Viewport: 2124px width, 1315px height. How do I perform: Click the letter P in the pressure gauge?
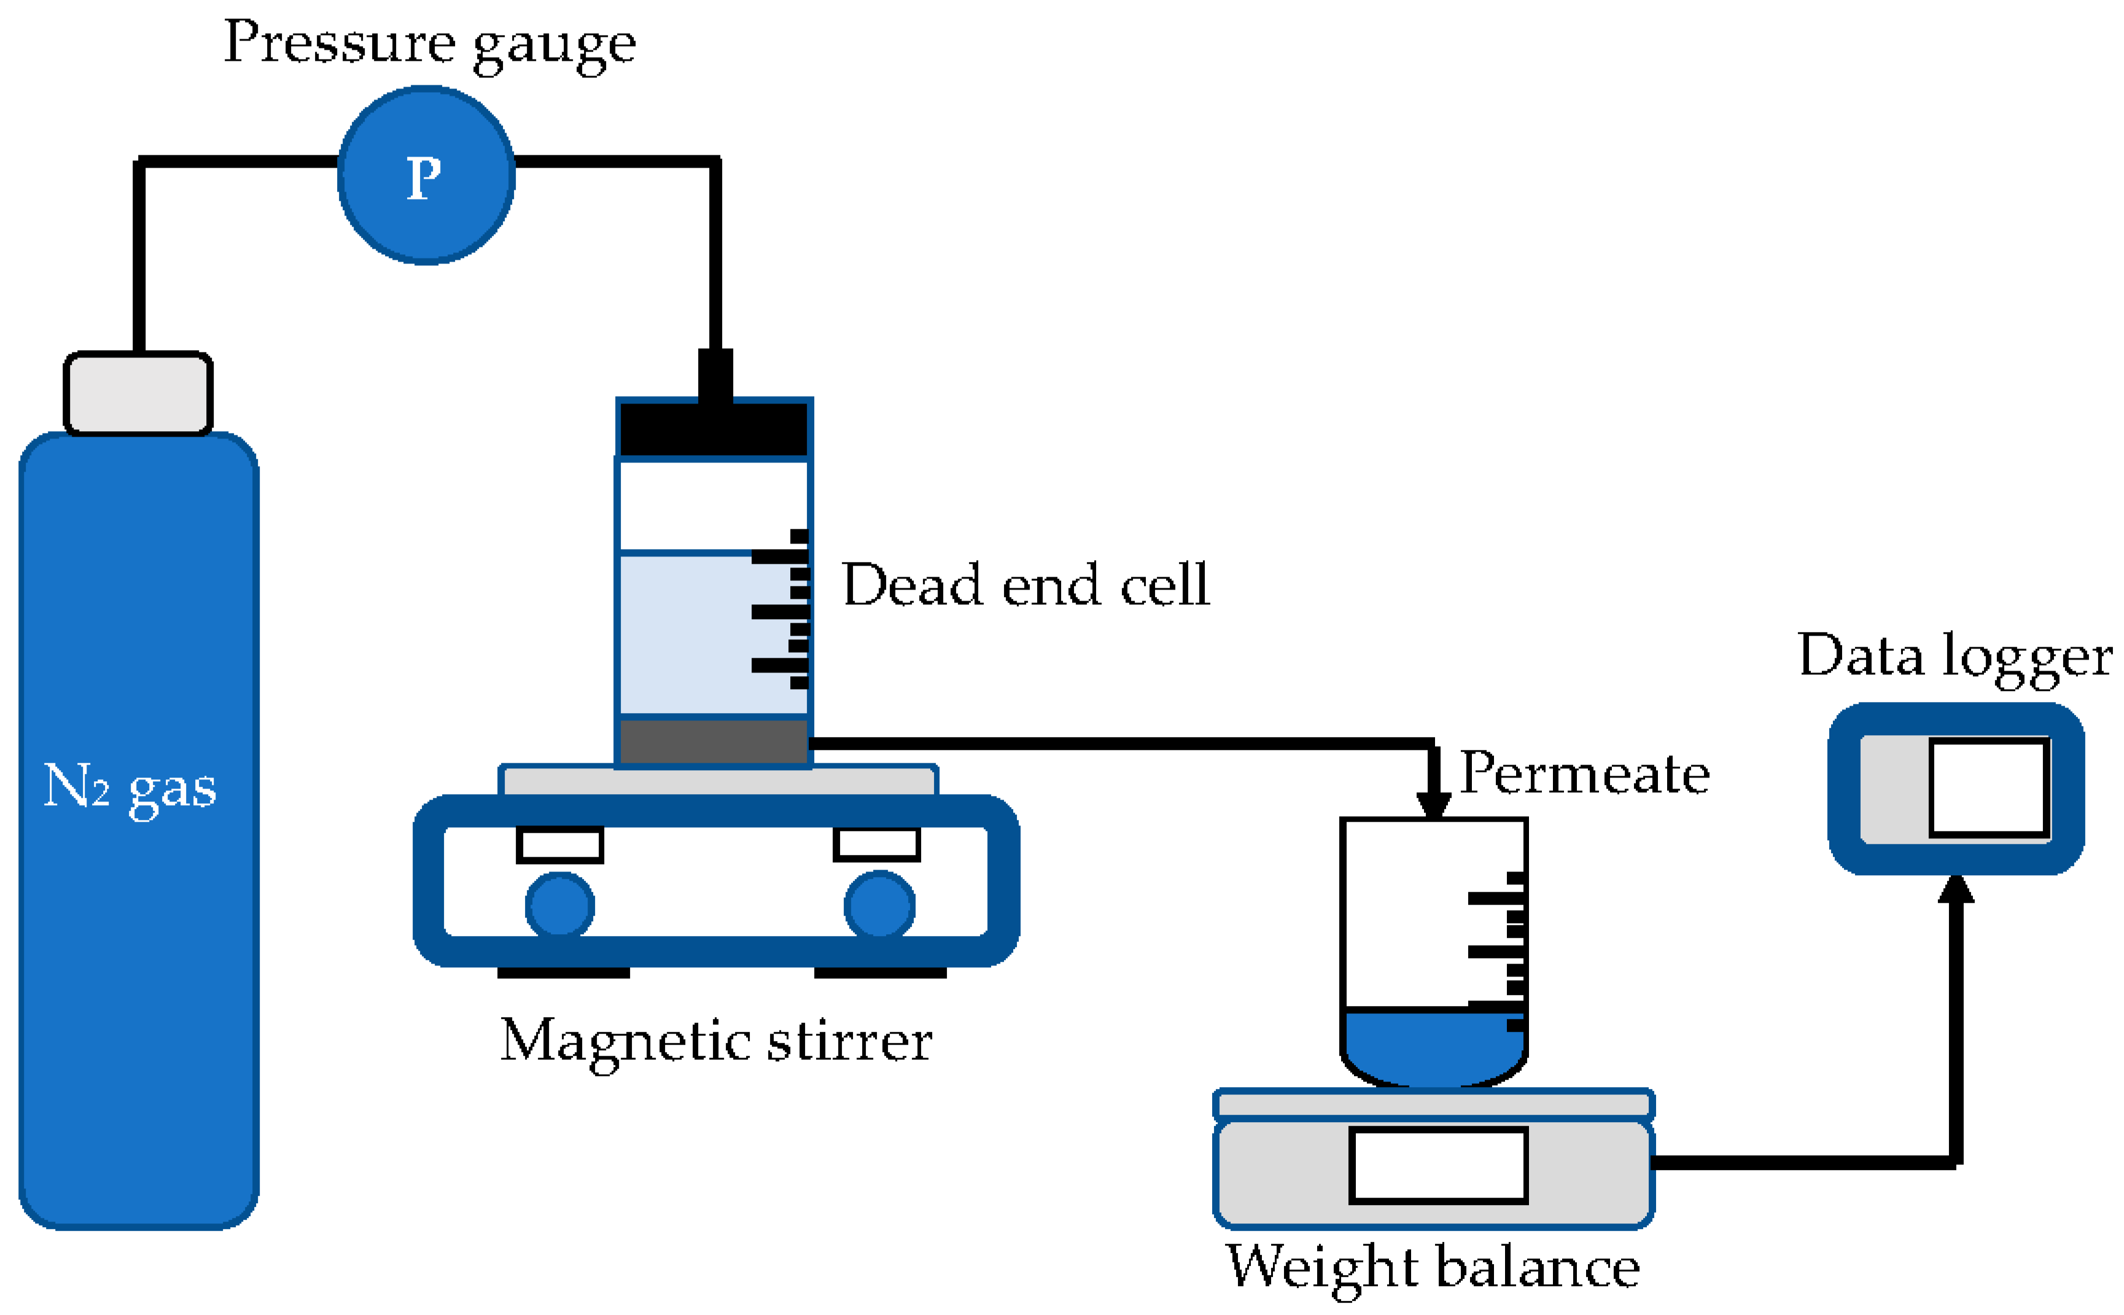pyautogui.click(x=424, y=178)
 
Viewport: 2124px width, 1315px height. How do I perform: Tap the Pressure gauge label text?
pyautogui.click(x=429, y=44)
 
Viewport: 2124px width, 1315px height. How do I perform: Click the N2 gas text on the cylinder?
pyautogui.click(x=130, y=787)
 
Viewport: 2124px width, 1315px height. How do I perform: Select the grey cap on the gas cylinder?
pyautogui.click(x=138, y=392)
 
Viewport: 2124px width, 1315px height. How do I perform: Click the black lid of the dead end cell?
pyautogui.click(x=714, y=428)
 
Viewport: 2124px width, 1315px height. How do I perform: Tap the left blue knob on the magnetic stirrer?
pyautogui.click(x=560, y=906)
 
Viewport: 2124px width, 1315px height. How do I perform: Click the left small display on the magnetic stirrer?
pyautogui.click(x=560, y=845)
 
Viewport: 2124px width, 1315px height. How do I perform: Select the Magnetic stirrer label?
pyautogui.click(x=715, y=1041)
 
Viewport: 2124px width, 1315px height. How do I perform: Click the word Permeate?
pyautogui.click(x=1584, y=773)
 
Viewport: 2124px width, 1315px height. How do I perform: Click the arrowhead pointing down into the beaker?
pyautogui.click(x=1433, y=805)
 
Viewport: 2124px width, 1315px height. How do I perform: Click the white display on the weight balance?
pyautogui.click(x=1438, y=1165)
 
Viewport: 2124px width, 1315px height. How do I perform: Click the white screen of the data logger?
pyautogui.click(x=1990, y=789)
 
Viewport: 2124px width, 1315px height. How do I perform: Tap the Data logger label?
pyautogui.click(x=1955, y=657)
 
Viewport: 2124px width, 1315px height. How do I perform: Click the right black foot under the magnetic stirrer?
pyautogui.click(x=880, y=972)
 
